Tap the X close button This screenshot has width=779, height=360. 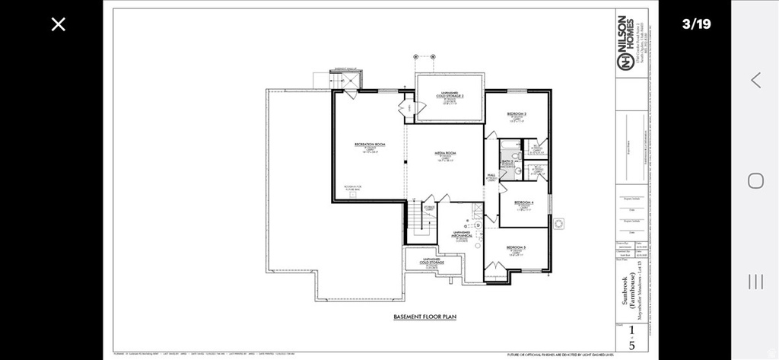[59, 24]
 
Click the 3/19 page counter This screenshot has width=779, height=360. [696, 24]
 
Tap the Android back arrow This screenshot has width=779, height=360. [755, 80]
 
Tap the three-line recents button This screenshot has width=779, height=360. [755, 282]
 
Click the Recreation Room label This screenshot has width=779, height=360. [370, 145]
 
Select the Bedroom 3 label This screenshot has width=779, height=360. [517, 113]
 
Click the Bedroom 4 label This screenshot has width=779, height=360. [523, 202]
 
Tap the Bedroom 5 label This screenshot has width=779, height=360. [517, 248]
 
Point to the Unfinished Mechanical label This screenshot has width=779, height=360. [463, 234]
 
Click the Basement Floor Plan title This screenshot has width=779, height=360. [424, 317]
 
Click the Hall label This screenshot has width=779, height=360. [491, 176]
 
